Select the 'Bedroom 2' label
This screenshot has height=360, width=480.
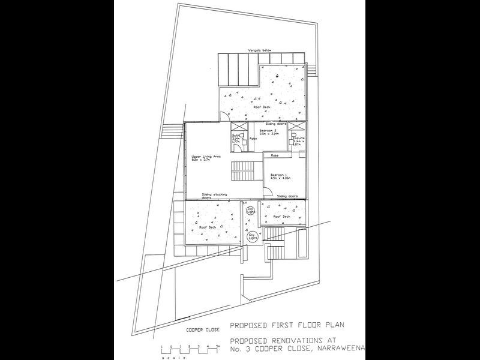[268, 130]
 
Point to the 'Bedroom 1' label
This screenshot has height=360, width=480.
[279, 176]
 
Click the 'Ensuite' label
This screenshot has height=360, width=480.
[298, 137]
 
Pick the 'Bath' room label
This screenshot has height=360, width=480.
[236, 136]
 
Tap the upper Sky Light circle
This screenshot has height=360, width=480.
[251, 211]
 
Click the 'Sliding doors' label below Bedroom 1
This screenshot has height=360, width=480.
[287, 196]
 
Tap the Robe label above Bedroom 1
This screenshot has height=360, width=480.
[275, 155]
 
